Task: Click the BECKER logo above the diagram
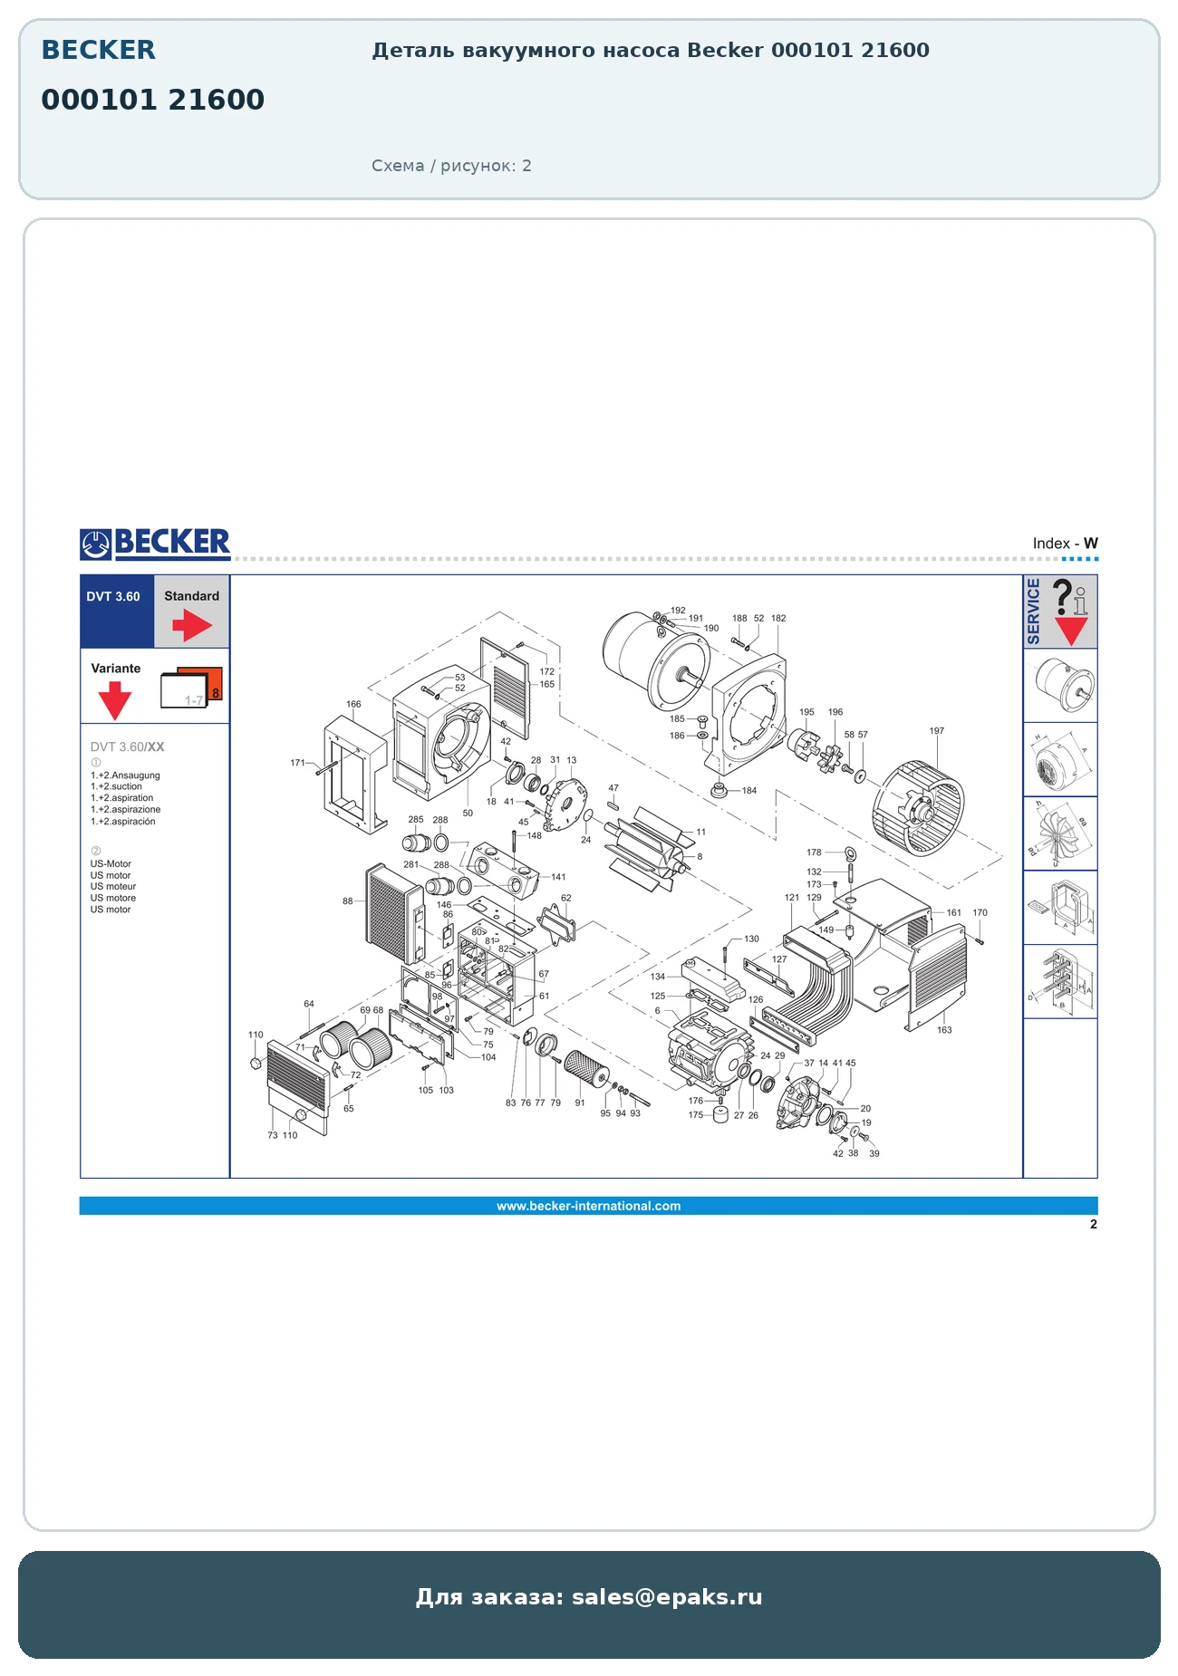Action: coord(155,544)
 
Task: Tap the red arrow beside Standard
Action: coord(192,625)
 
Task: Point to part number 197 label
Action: coord(937,731)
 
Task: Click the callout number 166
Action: coord(353,704)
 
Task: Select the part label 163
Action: coord(944,1030)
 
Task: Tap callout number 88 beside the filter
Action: coord(348,901)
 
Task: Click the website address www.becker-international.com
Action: coord(588,1206)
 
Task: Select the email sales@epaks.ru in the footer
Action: coord(667,1597)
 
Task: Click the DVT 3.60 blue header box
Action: coord(117,612)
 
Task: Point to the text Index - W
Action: coord(1066,544)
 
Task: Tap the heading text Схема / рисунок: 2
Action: coord(451,166)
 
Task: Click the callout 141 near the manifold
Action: coord(558,877)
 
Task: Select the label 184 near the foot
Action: coord(749,791)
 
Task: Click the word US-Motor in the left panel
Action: coord(111,864)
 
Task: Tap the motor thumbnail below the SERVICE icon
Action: coord(1060,685)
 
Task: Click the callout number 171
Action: coord(298,763)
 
